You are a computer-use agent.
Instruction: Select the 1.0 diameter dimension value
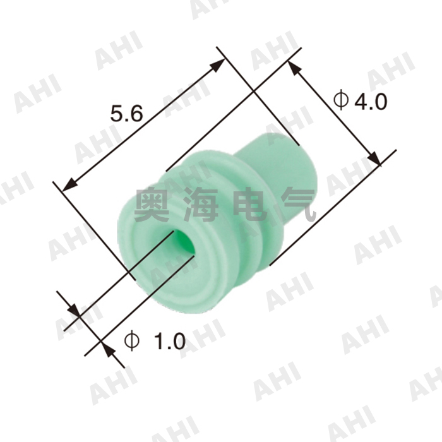[169, 342]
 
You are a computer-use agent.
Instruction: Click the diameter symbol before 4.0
[340, 100]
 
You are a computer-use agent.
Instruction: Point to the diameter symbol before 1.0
[132, 341]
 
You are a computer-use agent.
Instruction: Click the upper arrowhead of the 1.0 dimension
[74, 309]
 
